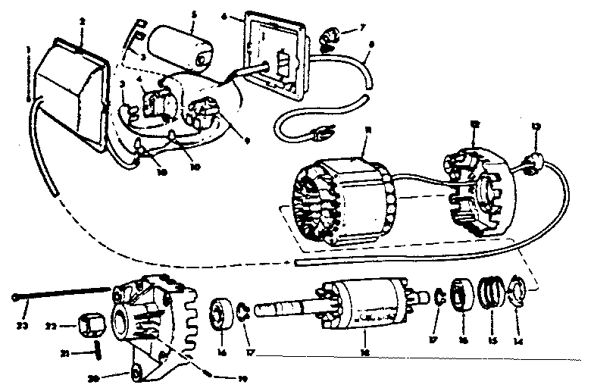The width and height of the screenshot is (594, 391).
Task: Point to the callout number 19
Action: point(242,377)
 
